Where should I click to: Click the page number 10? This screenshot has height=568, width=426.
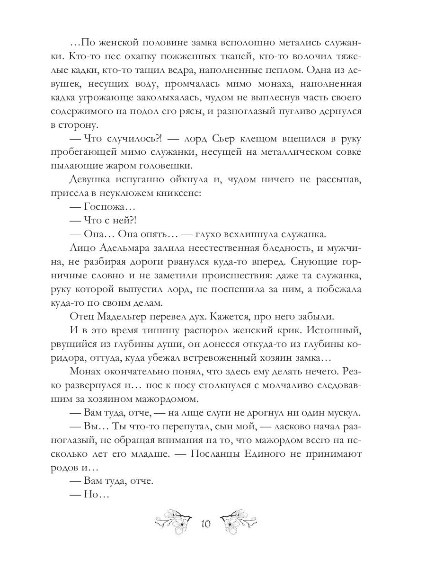pyautogui.click(x=206, y=524)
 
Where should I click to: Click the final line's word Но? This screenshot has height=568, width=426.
pyautogui.click(x=86, y=495)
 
